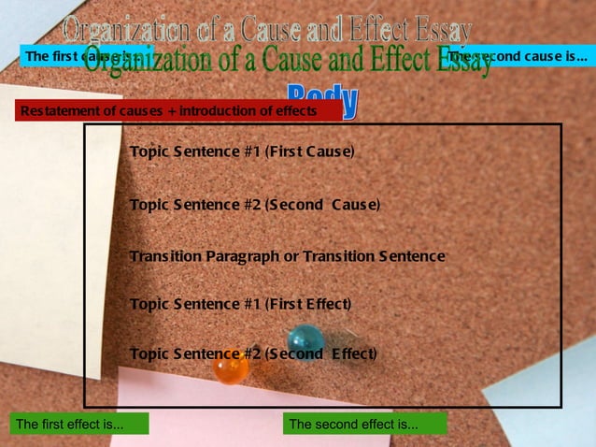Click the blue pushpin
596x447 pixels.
[305, 339]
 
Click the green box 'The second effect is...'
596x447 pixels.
[364, 425]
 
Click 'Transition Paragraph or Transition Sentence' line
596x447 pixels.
[287, 256]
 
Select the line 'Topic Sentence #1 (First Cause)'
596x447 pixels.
[242, 151]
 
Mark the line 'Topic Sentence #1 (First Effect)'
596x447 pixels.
[240, 304]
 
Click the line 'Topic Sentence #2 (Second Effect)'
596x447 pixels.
[253, 354]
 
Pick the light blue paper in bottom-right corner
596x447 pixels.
[551, 411]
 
